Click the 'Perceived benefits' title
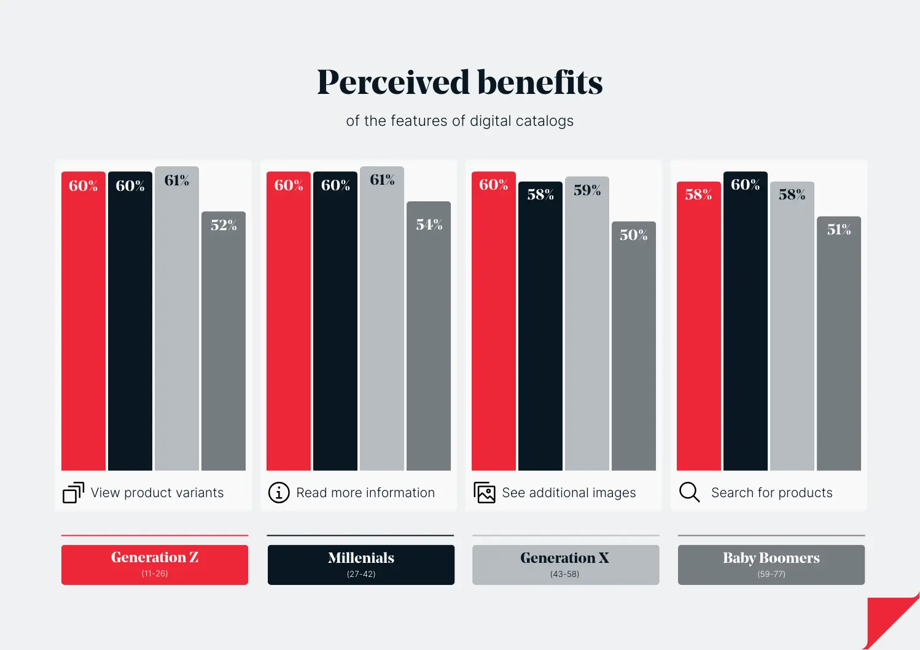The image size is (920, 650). [x=459, y=82]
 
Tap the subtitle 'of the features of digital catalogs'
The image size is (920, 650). [x=459, y=121]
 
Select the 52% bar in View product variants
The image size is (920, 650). [x=224, y=341]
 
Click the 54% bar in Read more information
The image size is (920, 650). [x=429, y=336]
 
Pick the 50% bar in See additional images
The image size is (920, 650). [x=634, y=346]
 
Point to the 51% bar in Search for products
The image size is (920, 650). [x=839, y=343]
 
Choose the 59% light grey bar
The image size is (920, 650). [x=587, y=323]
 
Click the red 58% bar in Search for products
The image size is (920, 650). [x=699, y=326]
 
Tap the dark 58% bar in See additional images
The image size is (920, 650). [x=540, y=326]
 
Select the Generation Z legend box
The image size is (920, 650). [x=155, y=565]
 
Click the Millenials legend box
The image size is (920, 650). [x=361, y=565]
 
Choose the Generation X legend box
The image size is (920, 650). [x=566, y=565]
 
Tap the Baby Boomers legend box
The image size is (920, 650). [x=771, y=565]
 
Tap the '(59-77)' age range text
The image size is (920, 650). [x=771, y=574]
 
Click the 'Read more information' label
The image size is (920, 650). [x=365, y=492]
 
